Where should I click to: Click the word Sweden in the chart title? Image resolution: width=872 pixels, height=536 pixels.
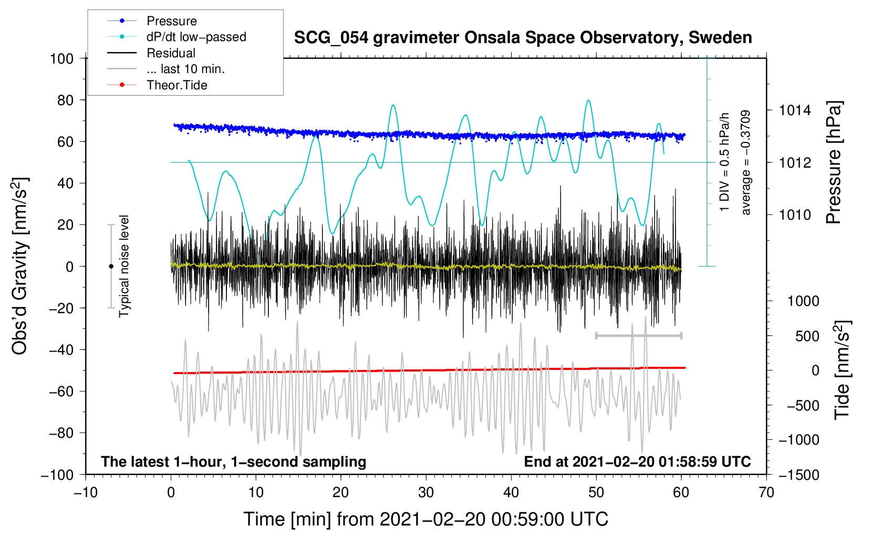click(x=720, y=37)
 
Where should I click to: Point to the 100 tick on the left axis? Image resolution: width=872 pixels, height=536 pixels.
click(x=61, y=59)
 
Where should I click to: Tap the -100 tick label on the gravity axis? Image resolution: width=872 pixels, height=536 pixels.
click(x=57, y=475)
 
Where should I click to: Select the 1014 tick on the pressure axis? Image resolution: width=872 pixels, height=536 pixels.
click(x=795, y=110)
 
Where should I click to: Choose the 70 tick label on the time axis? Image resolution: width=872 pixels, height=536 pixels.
click(x=766, y=492)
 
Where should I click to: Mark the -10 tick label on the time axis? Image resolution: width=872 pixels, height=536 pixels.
click(x=86, y=492)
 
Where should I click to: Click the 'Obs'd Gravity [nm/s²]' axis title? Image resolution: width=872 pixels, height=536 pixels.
click(x=19, y=266)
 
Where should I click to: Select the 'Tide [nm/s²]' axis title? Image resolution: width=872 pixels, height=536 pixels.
click(x=843, y=370)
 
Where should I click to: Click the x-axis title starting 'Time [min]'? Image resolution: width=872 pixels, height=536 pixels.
click(x=425, y=519)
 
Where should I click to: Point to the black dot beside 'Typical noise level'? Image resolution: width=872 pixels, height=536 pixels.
click(x=111, y=266)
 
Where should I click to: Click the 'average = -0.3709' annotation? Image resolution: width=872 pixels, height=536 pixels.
click(x=745, y=162)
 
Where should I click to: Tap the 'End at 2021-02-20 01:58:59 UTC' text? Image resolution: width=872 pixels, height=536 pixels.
click(x=637, y=461)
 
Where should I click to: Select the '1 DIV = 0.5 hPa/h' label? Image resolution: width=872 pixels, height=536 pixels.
click(x=724, y=162)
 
